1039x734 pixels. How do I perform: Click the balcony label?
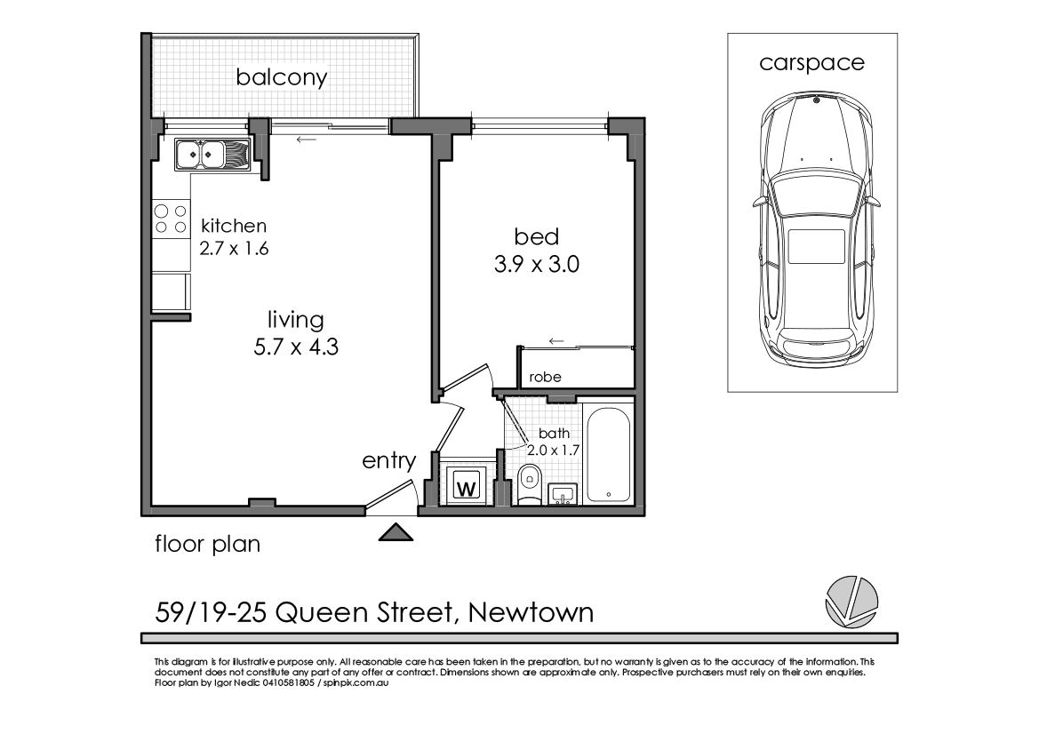click(x=282, y=77)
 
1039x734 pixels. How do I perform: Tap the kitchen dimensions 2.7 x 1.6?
click(x=234, y=249)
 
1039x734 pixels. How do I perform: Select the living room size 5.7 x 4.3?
click(x=296, y=347)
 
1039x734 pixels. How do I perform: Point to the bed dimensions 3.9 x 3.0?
click(x=537, y=264)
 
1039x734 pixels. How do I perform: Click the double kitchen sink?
click(x=212, y=155)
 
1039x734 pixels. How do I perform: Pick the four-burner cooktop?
click(x=171, y=219)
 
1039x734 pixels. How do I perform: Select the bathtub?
click(x=608, y=454)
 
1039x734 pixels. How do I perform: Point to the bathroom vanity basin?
click(x=563, y=493)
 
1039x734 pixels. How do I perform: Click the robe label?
click(x=545, y=377)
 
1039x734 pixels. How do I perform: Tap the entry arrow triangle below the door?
click(x=396, y=532)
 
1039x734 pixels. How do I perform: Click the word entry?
click(x=389, y=460)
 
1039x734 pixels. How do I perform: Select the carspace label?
click(x=811, y=62)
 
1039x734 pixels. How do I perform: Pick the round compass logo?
click(x=851, y=602)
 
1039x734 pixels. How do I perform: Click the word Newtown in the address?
click(x=531, y=612)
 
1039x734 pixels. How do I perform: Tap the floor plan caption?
click(x=207, y=544)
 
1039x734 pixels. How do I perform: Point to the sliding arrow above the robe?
click(x=556, y=342)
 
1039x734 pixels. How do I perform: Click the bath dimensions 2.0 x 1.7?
click(x=554, y=450)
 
